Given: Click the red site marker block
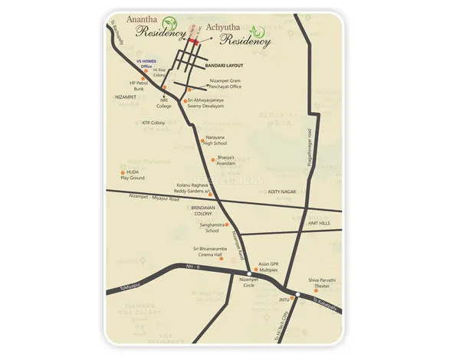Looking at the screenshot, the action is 195,44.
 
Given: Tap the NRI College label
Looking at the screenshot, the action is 164,103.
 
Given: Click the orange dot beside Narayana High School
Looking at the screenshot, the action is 202,140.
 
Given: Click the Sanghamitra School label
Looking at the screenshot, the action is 209,227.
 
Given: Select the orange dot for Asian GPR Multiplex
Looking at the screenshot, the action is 256,270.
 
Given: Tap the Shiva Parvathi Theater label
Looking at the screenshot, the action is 323,284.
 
